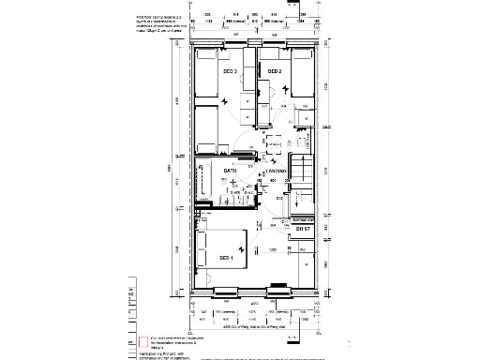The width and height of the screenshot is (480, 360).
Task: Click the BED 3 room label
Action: coord(229,71)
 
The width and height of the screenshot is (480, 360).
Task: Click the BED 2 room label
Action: coord(275,71)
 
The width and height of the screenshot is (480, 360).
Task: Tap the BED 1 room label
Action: coord(226,258)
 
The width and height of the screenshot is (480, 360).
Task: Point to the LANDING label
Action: coord(275,172)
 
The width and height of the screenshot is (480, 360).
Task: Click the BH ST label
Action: coord(302,229)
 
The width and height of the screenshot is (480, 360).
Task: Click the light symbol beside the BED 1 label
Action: coord(243,248)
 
